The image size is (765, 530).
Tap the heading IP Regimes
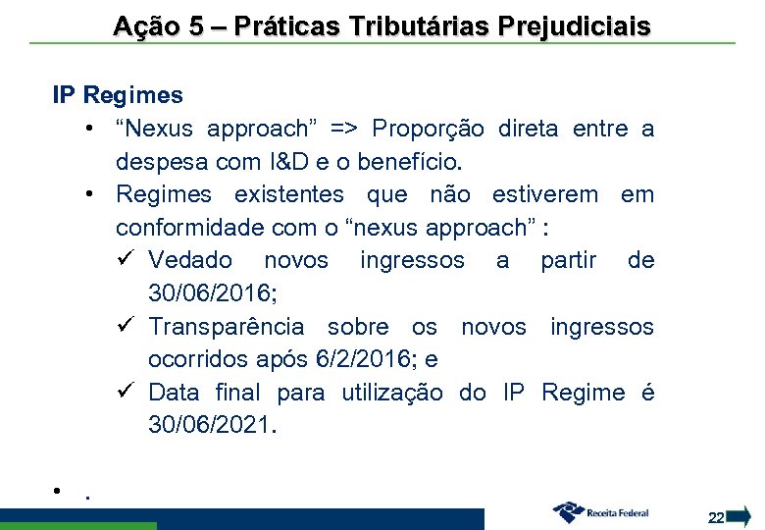pyautogui.click(x=118, y=95)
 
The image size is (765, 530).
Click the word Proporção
pyautogui.click(x=427, y=129)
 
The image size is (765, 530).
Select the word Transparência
pyautogui.click(x=227, y=326)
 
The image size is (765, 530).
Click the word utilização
pyautogui.click(x=392, y=393)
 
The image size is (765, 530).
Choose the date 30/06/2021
pyautogui.click(x=212, y=425)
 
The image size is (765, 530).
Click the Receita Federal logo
pyautogui.click(x=600, y=511)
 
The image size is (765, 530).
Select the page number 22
pyautogui.click(x=716, y=517)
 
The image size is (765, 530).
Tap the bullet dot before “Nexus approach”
pyautogui.click(x=89, y=129)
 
